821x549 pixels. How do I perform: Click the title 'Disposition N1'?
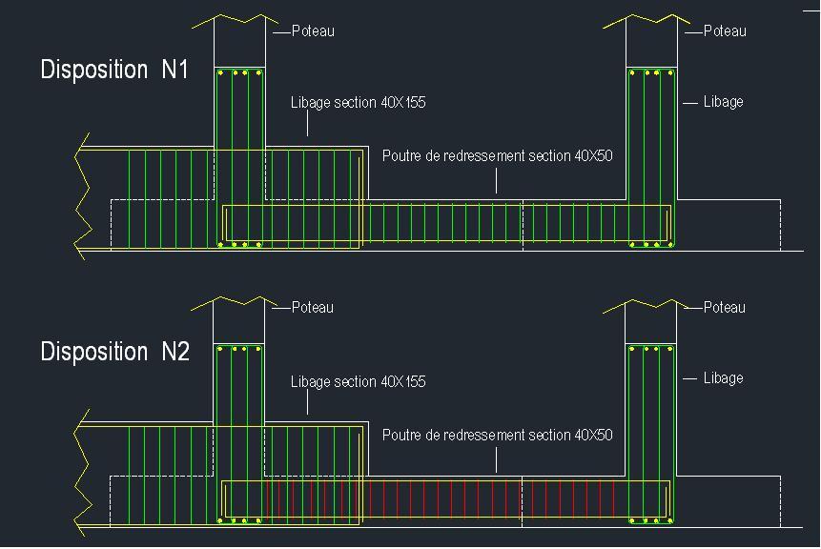point(114,70)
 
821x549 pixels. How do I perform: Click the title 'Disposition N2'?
point(114,351)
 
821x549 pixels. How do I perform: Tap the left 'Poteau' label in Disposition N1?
point(313,30)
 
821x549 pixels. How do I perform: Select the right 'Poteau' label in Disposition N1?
point(725,30)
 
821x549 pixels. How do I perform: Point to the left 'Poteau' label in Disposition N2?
point(312,307)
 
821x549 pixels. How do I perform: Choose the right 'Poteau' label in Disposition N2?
point(724,307)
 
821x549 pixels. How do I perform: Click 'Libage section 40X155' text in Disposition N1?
point(359,103)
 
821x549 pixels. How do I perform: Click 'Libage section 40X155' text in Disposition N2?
point(359,381)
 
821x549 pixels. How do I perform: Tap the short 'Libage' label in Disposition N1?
point(723,102)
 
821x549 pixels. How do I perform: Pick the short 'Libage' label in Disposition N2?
point(723,377)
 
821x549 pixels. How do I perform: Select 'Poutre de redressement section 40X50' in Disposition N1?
point(498,156)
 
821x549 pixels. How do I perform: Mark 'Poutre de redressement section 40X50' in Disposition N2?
point(498,435)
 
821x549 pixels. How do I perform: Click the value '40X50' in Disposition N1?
point(594,156)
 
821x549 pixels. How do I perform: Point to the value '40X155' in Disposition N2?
point(403,381)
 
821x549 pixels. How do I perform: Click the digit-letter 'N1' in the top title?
point(174,70)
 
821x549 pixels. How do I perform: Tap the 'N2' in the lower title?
point(175,351)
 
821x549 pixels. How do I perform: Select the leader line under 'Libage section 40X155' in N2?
point(307,402)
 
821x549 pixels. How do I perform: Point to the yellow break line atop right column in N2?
point(647,306)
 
